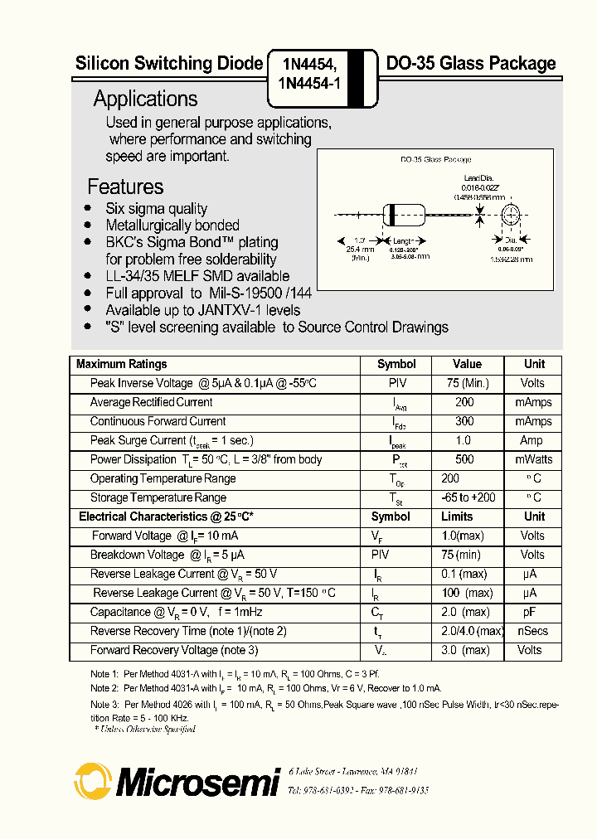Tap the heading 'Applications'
coord(145,99)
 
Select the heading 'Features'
coord(125,187)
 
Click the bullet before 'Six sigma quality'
coord(88,208)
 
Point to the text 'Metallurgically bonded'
coord(172,226)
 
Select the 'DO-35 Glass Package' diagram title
coord(435,159)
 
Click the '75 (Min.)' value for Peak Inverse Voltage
coord(467,383)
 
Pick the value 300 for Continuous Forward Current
coord(464,421)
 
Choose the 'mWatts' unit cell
coord(533,459)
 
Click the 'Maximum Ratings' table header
coord(121,364)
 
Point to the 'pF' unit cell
coord(530,612)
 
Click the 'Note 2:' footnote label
coord(104,688)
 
